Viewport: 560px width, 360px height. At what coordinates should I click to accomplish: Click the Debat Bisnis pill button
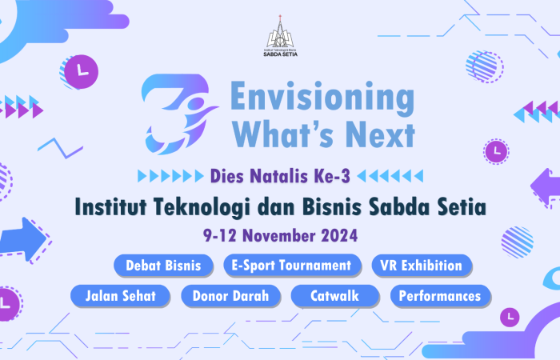pos(163,266)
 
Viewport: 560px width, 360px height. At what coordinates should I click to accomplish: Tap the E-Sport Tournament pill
pos(292,266)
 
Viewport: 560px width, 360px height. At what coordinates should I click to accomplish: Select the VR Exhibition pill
pos(422,266)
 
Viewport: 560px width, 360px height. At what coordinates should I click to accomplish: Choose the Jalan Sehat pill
pos(120,296)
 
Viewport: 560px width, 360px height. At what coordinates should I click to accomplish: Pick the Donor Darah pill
pos(230,296)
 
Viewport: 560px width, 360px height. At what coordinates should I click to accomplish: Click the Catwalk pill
pos(335,296)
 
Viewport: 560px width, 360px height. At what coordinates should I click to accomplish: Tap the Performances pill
pos(440,296)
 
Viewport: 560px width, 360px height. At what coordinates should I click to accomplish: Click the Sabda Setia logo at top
pos(280,36)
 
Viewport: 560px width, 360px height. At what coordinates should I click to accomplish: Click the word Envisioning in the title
pos(322,96)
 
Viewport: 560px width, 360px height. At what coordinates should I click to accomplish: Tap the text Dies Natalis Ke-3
pos(280,176)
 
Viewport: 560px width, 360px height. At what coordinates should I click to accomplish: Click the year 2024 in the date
pos(339,236)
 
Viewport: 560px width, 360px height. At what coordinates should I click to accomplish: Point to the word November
pos(279,236)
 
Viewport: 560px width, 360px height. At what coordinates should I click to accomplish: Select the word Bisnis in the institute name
pos(332,207)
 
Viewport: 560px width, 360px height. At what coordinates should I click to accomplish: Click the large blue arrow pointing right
pos(22,238)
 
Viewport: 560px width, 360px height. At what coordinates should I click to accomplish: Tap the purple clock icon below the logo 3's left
pos(81,71)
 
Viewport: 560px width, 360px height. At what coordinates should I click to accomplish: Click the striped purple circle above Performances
pos(517,242)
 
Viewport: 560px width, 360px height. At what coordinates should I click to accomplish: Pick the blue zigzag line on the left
pos(60,148)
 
